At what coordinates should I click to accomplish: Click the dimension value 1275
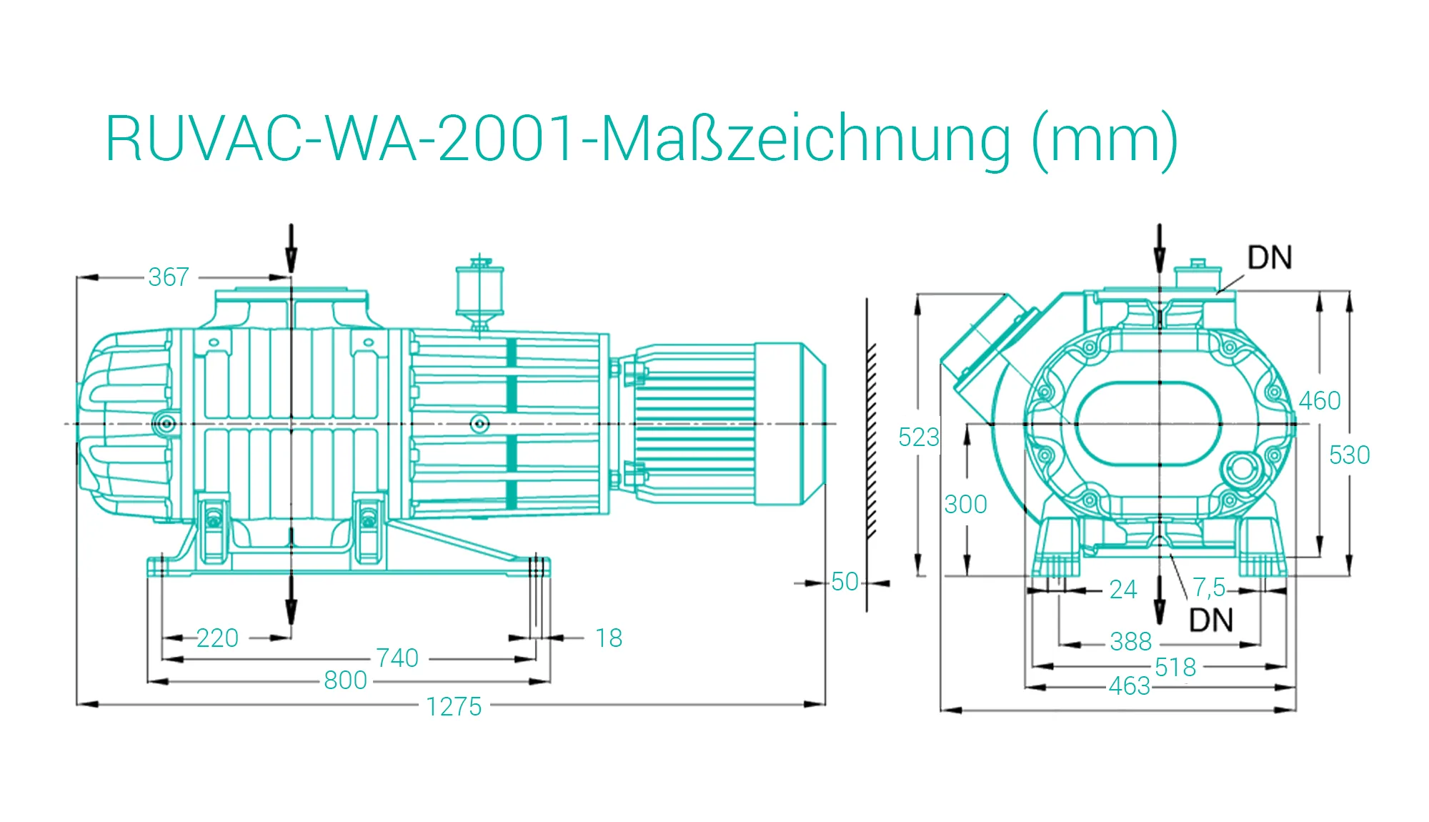454,706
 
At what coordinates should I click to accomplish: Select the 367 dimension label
169,277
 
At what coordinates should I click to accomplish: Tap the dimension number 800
345,680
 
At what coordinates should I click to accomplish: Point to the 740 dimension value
397,658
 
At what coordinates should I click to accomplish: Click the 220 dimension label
217,638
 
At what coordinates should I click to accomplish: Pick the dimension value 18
609,638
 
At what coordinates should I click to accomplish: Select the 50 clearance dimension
845,582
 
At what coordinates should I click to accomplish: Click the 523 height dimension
919,437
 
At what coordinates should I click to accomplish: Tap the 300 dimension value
965,505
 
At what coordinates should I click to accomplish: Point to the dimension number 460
1320,400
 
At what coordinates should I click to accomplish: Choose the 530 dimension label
1349,455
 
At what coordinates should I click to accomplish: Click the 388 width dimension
1130,641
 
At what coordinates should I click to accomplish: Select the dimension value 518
1175,667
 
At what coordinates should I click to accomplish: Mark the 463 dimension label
1130,686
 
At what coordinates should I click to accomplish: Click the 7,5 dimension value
1209,588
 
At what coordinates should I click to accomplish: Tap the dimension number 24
1122,589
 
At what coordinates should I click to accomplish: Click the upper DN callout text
1270,258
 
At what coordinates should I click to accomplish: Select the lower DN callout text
1211,620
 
